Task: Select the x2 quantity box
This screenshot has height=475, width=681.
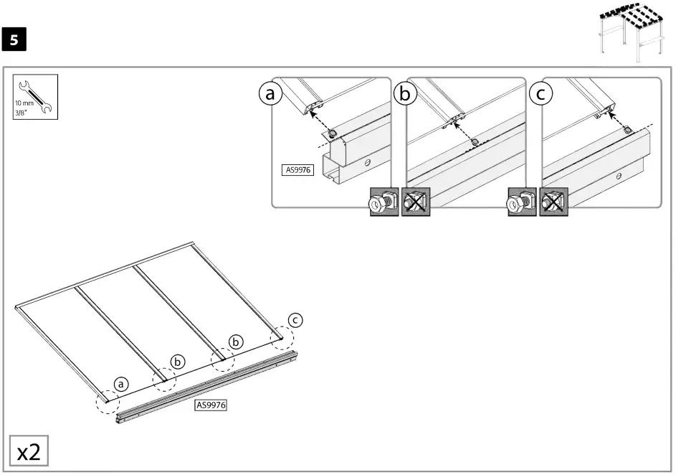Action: pos(29,451)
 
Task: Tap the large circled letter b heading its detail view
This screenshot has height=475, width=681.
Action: pos(406,93)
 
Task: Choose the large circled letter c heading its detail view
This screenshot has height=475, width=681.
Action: pos(540,93)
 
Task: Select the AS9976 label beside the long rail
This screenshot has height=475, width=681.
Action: pos(211,405)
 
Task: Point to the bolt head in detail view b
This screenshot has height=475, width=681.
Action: pos(474,141)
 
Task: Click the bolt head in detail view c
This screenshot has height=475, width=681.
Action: pos(626,130)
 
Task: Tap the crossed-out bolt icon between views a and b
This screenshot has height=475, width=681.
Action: pos(416,202)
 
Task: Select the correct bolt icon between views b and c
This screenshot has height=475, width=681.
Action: pos(521,202)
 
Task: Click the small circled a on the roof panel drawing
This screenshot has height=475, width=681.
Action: pos(121,385)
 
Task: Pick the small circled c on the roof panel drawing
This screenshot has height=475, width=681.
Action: pos(295,319)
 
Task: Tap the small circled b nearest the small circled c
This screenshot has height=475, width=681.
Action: pos(236,342)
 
